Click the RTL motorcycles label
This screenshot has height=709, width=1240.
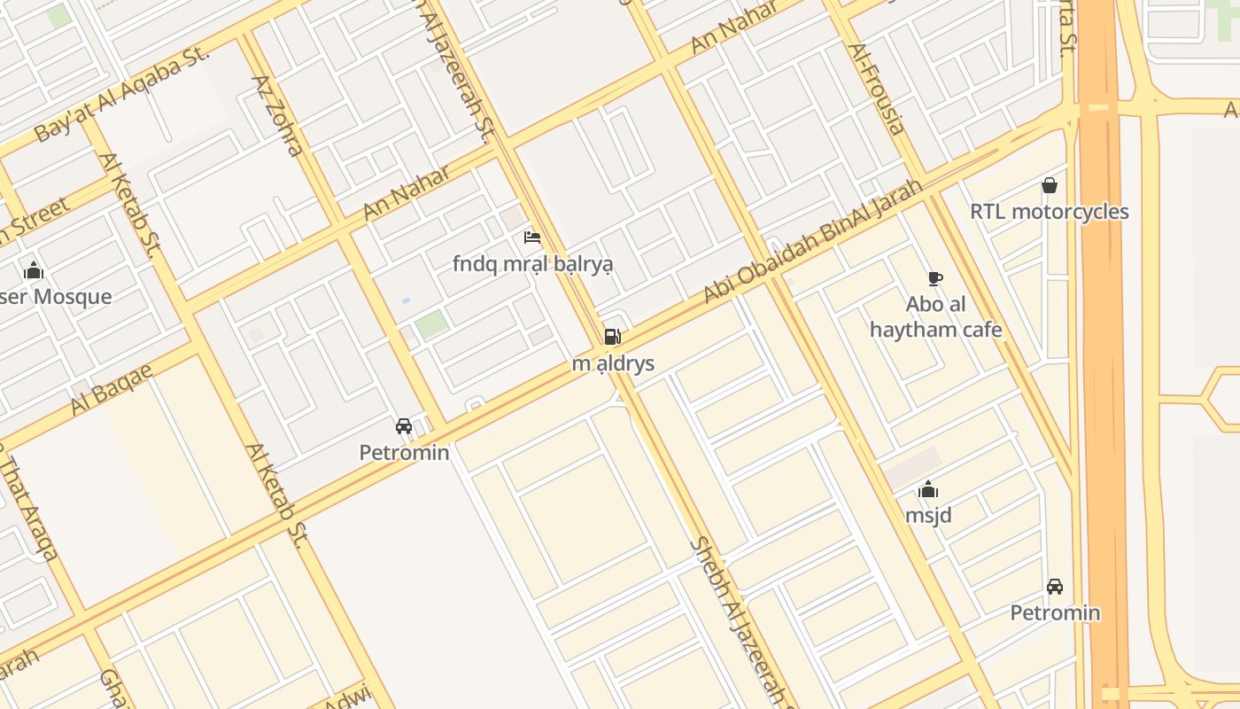click(1050, 212)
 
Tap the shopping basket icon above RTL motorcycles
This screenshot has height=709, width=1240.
click(1050, 185)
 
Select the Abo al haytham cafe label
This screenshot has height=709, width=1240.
click(935, 317)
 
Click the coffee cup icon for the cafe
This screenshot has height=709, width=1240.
click(934, 278)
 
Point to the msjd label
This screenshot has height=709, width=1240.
click(928, 515)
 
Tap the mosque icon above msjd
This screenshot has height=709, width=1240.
click(928, 489)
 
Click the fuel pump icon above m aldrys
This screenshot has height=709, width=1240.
click(612, 337)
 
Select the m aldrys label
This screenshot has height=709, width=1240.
click(613, 363)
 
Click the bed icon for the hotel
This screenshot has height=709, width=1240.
click(532, 237)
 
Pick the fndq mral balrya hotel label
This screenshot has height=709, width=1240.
click(532, 264)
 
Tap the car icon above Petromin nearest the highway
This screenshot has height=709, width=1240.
click(1055, 587)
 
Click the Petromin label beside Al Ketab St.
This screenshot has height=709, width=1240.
click(404, 453)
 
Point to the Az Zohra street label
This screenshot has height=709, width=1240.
click(278, 115)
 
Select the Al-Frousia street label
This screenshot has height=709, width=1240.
click(877, 89)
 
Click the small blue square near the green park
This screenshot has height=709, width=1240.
click(406, 301)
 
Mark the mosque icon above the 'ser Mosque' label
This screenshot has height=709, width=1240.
click(34, 270)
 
